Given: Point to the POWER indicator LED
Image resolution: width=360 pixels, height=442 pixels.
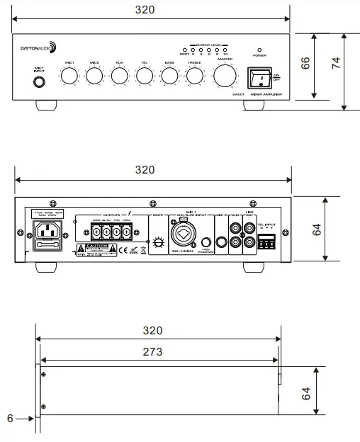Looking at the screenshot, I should pos(259,50).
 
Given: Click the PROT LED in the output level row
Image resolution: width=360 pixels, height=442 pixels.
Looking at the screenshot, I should pos(184,50).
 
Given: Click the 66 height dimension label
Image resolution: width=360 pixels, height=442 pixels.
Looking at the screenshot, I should pos(307,62).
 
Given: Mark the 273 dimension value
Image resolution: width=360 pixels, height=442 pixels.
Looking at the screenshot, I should pos(151,351).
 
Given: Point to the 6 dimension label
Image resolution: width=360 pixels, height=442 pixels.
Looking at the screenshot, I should pos(10,419).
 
